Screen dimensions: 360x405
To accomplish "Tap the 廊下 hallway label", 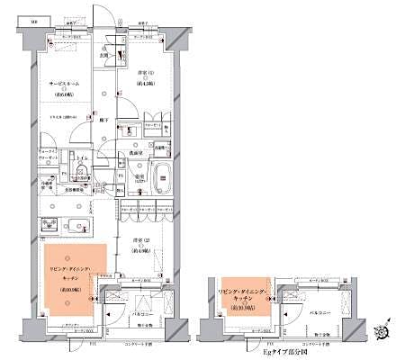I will pos(104,120).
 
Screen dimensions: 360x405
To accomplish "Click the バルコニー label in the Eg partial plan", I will pos(321,310).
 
